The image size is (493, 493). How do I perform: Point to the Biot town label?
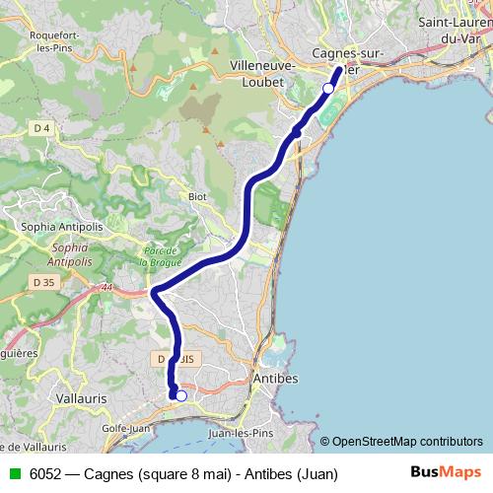click(x=197, y=196)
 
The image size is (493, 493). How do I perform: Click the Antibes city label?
click(x=276, y=379)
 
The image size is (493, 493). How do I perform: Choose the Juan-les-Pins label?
click(x=240, y=431)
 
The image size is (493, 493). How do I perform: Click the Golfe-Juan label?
click(x=126, y=429)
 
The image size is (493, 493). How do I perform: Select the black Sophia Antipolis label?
click(x=62, y=227)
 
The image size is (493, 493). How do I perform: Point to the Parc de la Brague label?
click(x=160, y=256)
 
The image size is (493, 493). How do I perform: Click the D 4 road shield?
click(x=40, y=128)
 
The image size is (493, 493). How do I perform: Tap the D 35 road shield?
click(x=43, y=282)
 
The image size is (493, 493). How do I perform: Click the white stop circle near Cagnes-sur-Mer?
click(x=328, y=89)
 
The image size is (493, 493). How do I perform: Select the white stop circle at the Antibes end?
click(x=181, y=396)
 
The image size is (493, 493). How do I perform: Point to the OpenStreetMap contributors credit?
click(x=401, y=441)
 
